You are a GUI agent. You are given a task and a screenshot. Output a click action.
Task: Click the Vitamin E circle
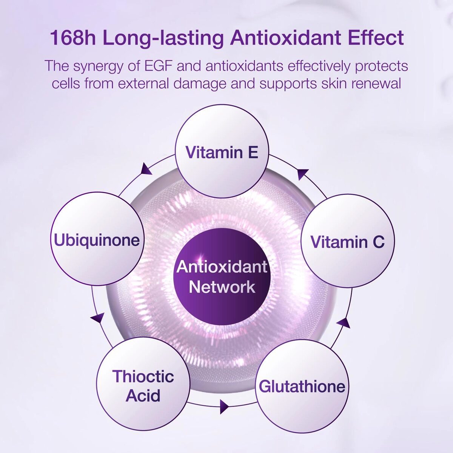(x=222, y=151)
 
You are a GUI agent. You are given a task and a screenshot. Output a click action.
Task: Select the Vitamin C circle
(x=348, y=241)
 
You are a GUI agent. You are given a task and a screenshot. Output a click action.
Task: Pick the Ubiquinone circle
(x=97, y=239)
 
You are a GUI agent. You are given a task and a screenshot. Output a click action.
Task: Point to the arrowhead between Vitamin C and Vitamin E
(x=302, y=174)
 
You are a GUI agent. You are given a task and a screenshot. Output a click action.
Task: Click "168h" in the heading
(x=73, y=38)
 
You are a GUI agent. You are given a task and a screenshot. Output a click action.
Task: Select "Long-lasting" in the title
(x=163, y=39)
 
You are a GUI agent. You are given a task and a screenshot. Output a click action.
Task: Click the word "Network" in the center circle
(x=222, y=287)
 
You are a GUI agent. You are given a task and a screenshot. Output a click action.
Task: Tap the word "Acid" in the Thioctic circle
(x=143, y=395)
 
